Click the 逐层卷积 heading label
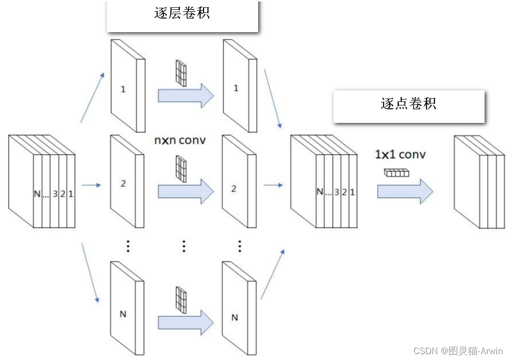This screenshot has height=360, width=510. coord(182,13)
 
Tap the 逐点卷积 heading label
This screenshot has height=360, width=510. coord(408,103)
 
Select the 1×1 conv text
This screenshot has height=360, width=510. coord(400,155)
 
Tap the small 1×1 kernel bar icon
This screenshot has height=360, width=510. coord(396,172)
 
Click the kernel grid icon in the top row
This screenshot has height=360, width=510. coord(182,73)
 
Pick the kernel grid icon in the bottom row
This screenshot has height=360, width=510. coord(182,299)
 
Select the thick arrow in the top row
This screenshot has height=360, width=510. coord(185,95)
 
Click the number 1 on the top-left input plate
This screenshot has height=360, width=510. coord(123,89)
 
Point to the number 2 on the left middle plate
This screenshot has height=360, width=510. coord(123,184)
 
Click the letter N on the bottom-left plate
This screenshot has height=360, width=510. coord(122,314)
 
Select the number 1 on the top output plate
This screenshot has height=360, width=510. coord(236,89)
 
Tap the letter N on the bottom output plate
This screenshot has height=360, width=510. coord(234,318)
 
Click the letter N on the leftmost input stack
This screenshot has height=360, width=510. coord(37,194)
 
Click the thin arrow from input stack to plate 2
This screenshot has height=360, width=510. coord(91,185)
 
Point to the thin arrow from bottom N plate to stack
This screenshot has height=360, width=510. coord(272,273)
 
